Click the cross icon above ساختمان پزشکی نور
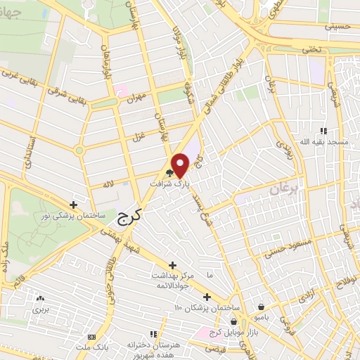pos(73,204)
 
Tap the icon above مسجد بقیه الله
pos(323,131)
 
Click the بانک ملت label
pos(91,349)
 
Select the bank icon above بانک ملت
pos(91,337)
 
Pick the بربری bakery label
pos(40,308)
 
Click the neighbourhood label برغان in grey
pos(283,188)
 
